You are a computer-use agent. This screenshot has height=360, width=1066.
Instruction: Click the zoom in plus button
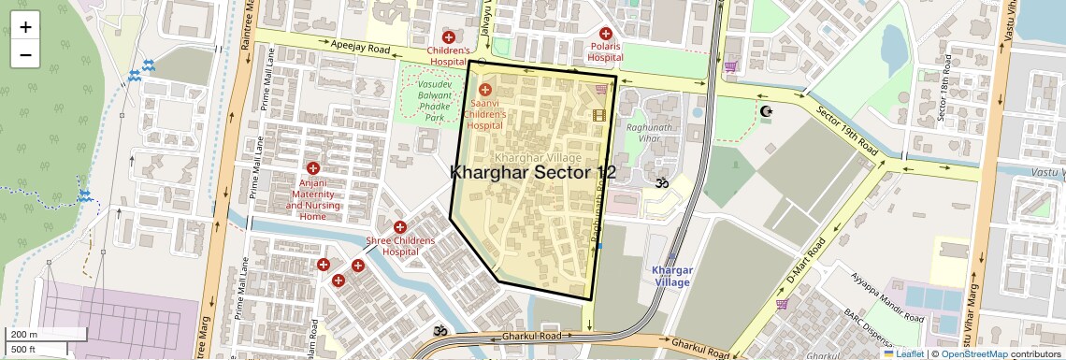25,26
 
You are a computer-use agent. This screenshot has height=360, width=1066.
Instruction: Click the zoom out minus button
25,54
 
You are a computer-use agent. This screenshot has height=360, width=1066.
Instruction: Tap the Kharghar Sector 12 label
533,173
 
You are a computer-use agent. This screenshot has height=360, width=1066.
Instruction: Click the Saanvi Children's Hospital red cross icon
484,90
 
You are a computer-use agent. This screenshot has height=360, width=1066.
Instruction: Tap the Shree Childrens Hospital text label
399,246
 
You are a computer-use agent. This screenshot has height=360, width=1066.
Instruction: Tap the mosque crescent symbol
767,112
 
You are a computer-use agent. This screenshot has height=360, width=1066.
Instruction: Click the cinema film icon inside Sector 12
598,115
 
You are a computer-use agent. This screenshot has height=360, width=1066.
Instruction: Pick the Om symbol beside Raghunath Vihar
662,183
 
